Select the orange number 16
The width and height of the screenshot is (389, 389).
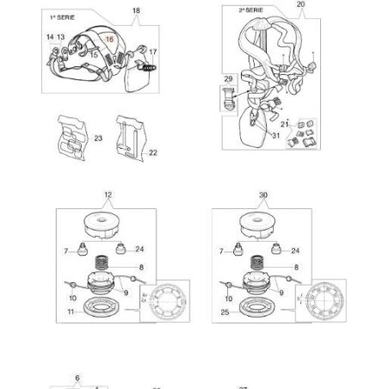click(x=108, y=40)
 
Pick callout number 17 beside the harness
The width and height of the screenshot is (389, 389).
click(x=152, y=52)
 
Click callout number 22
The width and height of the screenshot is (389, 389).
click(x=153, y=152)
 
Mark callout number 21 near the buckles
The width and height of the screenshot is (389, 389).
click(x=283, y=124)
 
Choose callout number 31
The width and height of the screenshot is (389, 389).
click(x=275, y=134)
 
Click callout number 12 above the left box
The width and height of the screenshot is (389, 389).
click(x=108, y=195)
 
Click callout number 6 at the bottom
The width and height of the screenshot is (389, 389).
click(x=77, y=377)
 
